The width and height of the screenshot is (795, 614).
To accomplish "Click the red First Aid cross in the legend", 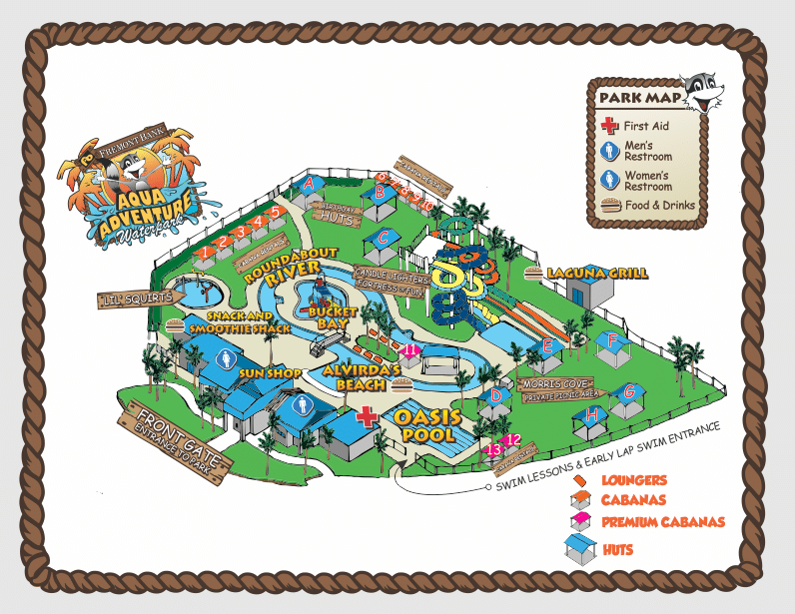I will click(x=608, y=126).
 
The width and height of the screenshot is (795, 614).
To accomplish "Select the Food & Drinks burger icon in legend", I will click(x=608, y=206).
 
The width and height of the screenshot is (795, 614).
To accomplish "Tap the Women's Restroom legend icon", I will click(x=608, y=180).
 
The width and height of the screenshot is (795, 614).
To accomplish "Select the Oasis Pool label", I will click(x=426, y=425).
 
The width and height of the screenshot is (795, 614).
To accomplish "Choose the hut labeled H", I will click(x=592, y=415).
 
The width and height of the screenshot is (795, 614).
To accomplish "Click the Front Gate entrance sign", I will click(x=175, y=439).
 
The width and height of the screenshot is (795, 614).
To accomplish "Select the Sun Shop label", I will click(x=270, y=372).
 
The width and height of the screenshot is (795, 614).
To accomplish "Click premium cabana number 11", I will click(x=410, y=349).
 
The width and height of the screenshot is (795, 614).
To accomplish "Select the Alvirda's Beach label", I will click(x=362, y=375).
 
